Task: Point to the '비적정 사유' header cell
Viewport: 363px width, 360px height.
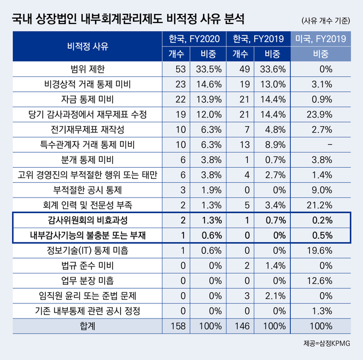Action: click(x=88, y=46)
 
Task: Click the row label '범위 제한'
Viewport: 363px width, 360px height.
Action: click(x=88, y=69)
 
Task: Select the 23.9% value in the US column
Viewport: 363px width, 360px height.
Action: click(x=321, y=114)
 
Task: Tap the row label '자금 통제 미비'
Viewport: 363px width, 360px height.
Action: click(x=88, y=99)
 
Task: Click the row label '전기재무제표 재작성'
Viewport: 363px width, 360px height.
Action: click(x=88, y=130)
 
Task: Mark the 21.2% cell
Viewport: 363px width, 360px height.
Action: click(x=321, y=205)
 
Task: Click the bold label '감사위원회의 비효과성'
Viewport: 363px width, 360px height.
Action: click(x=88, y=220)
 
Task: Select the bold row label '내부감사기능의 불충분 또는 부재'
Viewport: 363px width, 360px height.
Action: click(x=88, y=235)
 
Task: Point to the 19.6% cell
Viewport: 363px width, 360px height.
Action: click(x=321, y=250)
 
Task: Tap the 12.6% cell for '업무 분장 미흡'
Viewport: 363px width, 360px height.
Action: click(x=321, y=280)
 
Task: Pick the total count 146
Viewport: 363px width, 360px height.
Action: click(x=240, y=325)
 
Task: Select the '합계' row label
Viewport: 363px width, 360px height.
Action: click(x=88, y=325)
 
